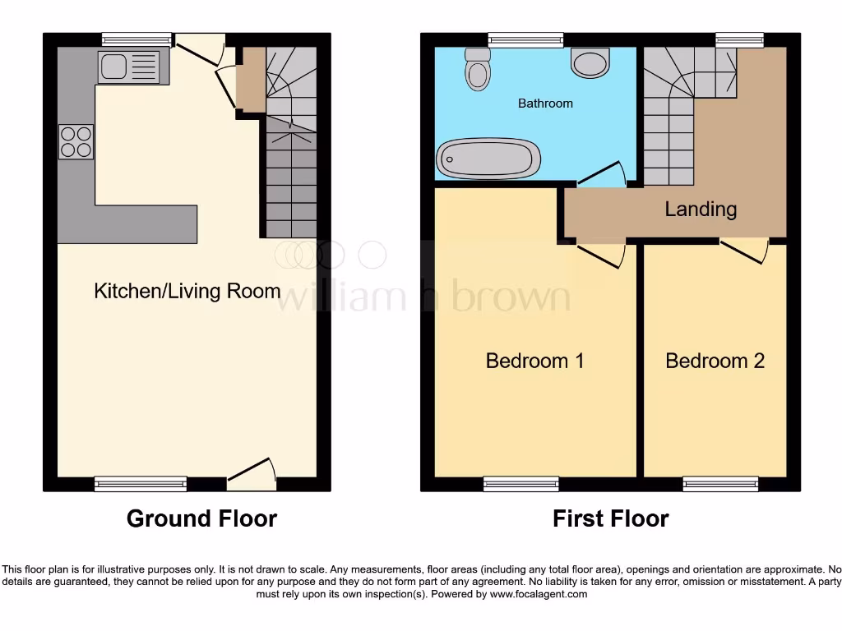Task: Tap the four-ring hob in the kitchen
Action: point(76,141)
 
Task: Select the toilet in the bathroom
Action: point(477,71)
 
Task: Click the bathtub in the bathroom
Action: point(488,158)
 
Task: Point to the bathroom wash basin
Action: point(589,62)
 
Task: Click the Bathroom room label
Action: point(545,104)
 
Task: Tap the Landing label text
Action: point(701,210)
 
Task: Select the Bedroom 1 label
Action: point(534,361)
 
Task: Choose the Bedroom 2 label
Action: point(715,361)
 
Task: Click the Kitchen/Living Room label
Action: point(187,291)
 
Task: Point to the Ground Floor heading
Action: point(201,518)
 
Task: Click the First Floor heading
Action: point(610,518)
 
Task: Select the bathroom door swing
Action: point(604,173)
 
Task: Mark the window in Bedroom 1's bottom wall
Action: point(521,484)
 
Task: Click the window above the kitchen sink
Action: point(137,39)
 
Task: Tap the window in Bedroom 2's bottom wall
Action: point(720,484)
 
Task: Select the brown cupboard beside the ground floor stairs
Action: point(251,79)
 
